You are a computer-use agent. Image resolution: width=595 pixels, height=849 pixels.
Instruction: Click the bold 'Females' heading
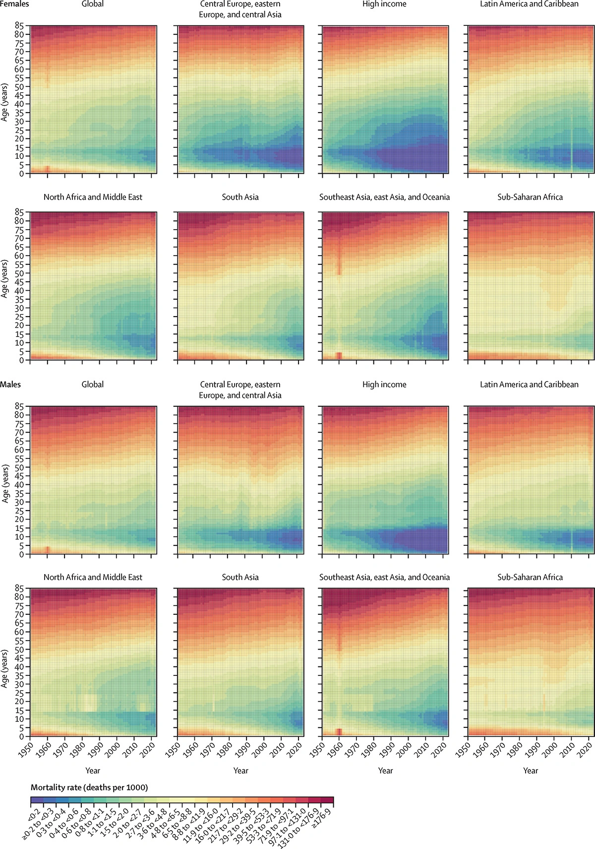(x=14, y=4)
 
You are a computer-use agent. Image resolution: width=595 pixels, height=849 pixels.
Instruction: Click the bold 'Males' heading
(x=10, y=384)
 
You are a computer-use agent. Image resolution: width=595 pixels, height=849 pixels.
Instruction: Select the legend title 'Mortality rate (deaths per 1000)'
(x=89, y=787)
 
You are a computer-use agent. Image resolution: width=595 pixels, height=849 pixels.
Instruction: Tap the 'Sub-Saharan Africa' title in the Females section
(x=530, y=197)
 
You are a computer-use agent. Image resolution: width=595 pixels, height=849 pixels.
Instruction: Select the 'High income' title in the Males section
(x=384, y=385)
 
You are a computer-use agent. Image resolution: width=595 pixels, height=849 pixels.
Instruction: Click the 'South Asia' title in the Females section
(x=240, y=197)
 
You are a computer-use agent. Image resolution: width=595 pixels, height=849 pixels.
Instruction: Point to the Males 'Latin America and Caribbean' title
(x=529, y=385)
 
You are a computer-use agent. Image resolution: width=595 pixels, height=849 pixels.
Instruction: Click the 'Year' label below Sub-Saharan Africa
(x=530, y=771)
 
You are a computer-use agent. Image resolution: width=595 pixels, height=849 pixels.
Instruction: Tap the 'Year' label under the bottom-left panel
(x=93, y=771)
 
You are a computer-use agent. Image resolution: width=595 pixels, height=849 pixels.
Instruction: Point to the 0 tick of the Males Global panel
(x=21, y=554)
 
